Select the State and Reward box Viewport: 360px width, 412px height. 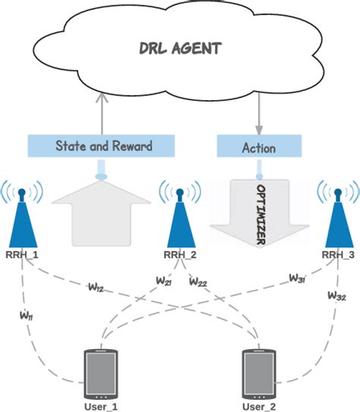click(x=103, y=146)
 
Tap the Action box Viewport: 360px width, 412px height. click(x=258, y=146)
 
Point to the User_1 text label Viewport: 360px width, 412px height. click(x=102, y=406)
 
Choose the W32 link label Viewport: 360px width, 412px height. click(x=337, y=294)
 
